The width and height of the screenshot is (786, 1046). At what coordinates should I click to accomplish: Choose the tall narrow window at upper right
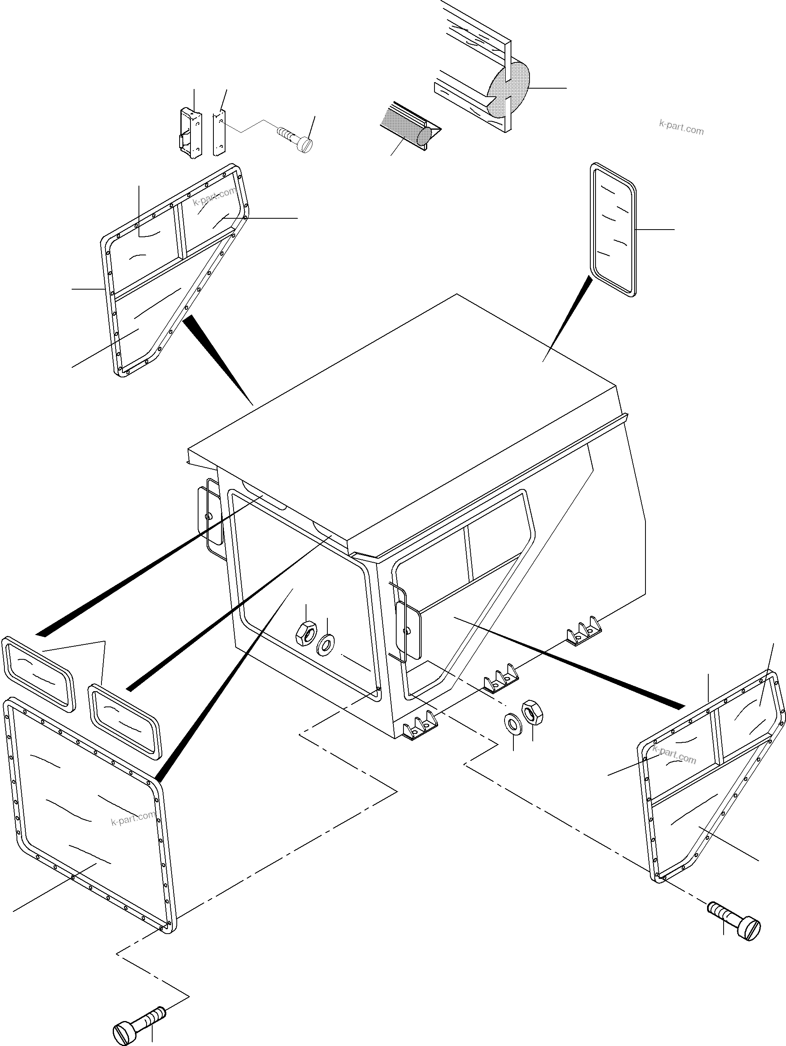tap(613, 230)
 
